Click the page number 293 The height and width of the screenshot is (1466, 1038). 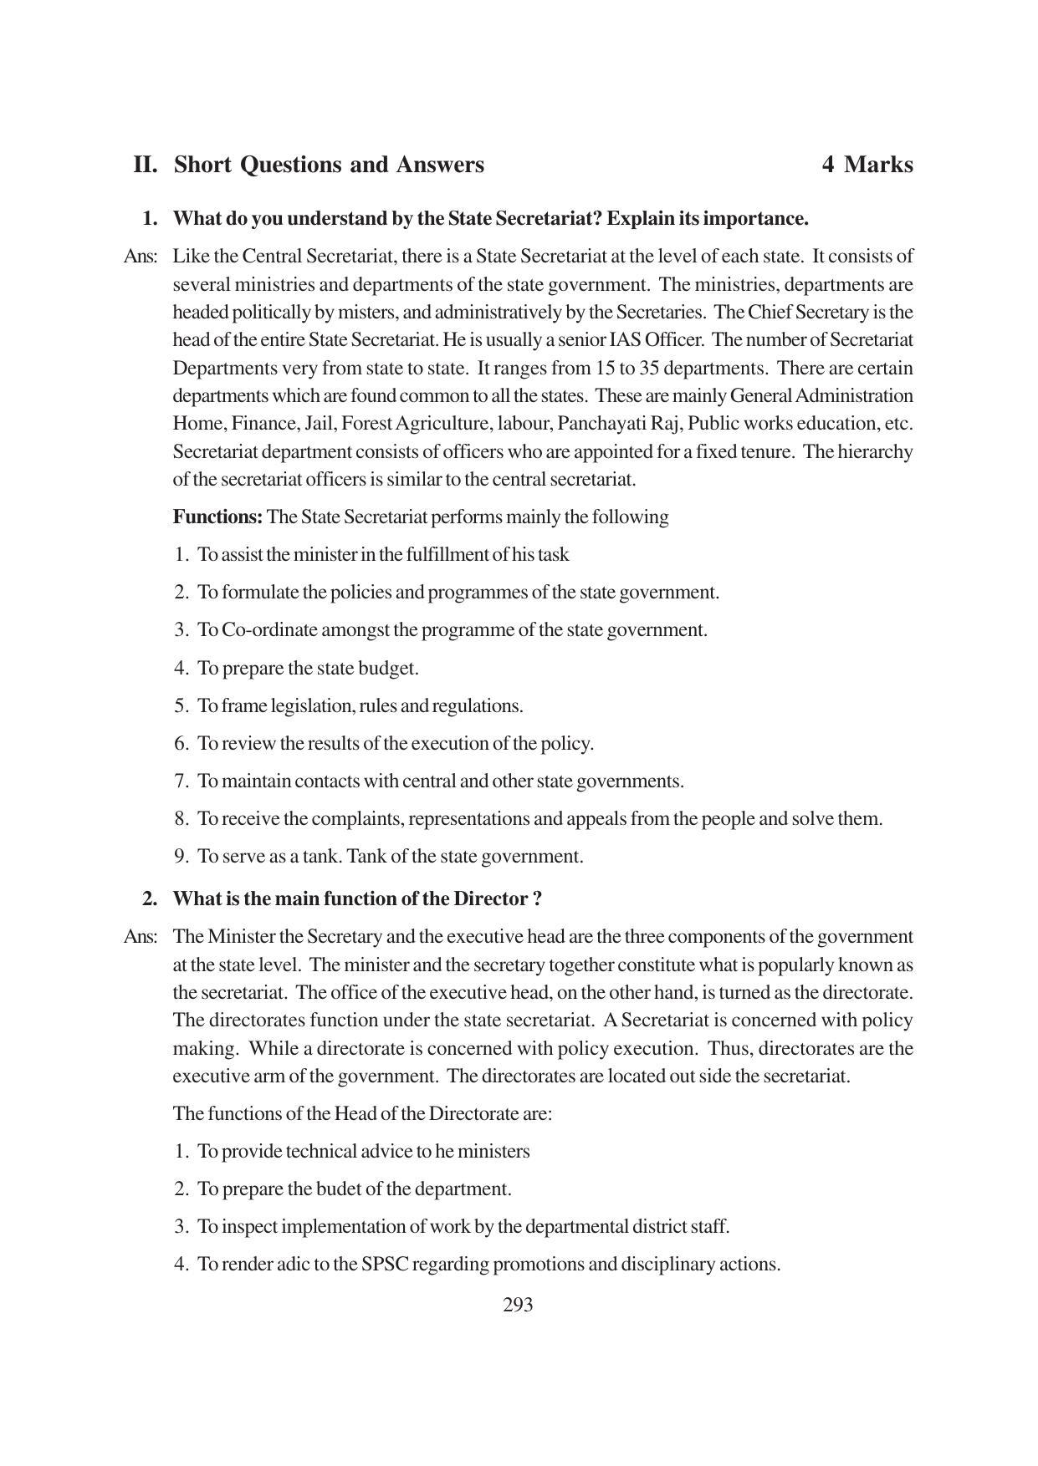coord(518,1305)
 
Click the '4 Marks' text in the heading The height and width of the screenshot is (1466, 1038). coord(867,165)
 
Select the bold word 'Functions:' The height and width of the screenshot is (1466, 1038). coord(217,517)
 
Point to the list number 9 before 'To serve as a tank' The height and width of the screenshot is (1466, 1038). coord(181,857)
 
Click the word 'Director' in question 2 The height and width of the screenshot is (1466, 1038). coord(489,899)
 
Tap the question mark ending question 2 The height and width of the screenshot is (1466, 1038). coord(537,899)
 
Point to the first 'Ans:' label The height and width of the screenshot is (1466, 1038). coord(140,257)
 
